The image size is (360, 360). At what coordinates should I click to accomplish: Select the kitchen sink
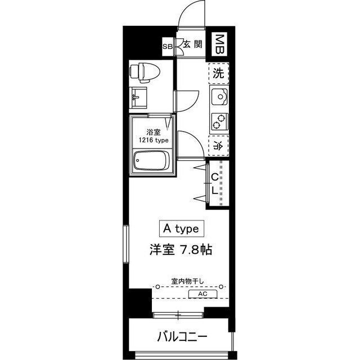point(219,98)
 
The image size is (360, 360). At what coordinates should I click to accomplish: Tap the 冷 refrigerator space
point(218,145)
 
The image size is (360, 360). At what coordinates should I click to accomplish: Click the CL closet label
point(215,183)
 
